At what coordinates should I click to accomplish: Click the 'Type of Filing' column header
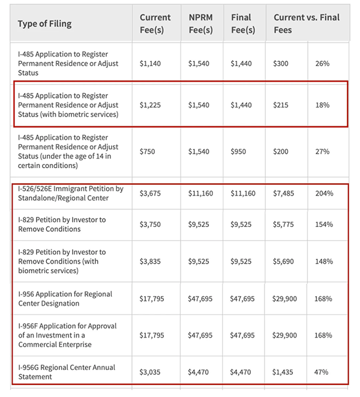pos(44,24)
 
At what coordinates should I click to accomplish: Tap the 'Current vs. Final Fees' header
pos(306,24)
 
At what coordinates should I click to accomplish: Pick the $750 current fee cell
pos(148,151)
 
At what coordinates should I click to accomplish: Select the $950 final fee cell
pos(241,151)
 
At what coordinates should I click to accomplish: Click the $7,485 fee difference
pos(285,193)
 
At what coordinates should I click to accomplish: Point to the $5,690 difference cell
pos(285,261)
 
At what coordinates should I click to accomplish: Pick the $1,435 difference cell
pos(285,372)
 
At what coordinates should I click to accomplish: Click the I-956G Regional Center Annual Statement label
pos(67,372)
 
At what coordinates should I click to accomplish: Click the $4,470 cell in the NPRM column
pos(200,372)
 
